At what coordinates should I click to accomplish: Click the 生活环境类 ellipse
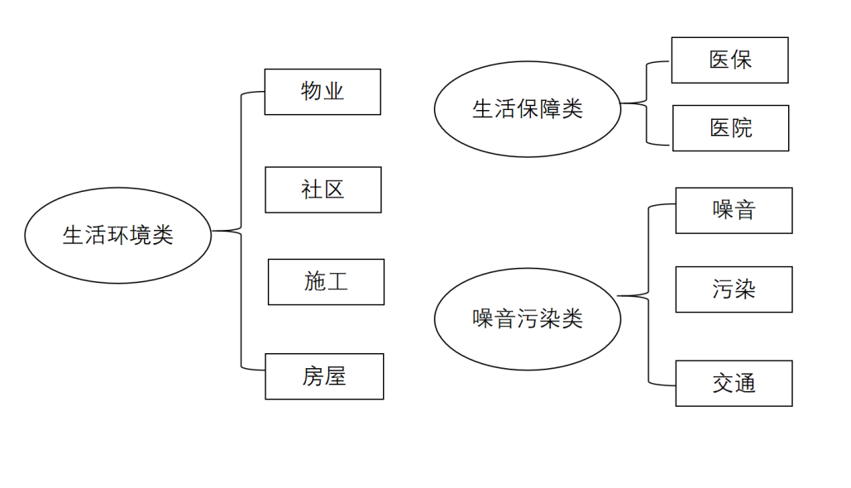117,235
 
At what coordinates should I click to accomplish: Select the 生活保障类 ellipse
527,108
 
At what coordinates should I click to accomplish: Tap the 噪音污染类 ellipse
527,318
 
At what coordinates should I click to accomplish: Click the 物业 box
323,91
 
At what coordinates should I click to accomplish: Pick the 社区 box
323,189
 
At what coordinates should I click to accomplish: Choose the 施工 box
326,281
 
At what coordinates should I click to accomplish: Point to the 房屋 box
324,376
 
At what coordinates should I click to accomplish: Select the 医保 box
729,60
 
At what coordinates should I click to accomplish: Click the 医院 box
730,127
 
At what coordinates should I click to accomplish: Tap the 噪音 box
734,210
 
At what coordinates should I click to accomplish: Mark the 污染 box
734,289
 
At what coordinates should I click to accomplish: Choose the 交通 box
734,383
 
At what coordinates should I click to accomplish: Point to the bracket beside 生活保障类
645,103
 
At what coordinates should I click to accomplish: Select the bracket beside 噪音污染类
648,295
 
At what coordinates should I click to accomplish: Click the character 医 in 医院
720,127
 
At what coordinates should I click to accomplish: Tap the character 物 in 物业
312,91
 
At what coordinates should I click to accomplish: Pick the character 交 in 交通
723,383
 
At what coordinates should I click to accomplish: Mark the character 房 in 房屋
313,376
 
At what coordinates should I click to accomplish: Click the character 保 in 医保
741,60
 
